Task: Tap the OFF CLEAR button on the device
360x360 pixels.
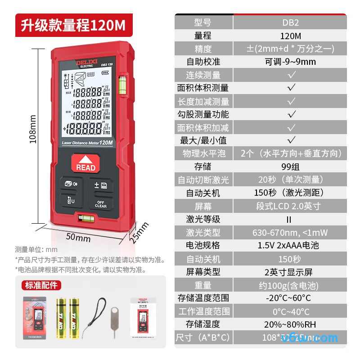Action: (100, 203)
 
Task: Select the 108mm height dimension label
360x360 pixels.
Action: (32, 129)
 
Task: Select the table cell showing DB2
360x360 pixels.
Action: (290, 22)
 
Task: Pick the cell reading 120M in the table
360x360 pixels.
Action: (290, 36)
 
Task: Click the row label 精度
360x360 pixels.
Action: (203, 49)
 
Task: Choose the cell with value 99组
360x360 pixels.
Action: (290, 166)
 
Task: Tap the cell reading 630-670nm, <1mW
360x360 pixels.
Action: (290, 233)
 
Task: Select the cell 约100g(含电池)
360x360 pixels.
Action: (290, 285)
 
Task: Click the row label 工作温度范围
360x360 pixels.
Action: (204, 311)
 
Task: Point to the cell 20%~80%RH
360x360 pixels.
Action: (290, 324)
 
